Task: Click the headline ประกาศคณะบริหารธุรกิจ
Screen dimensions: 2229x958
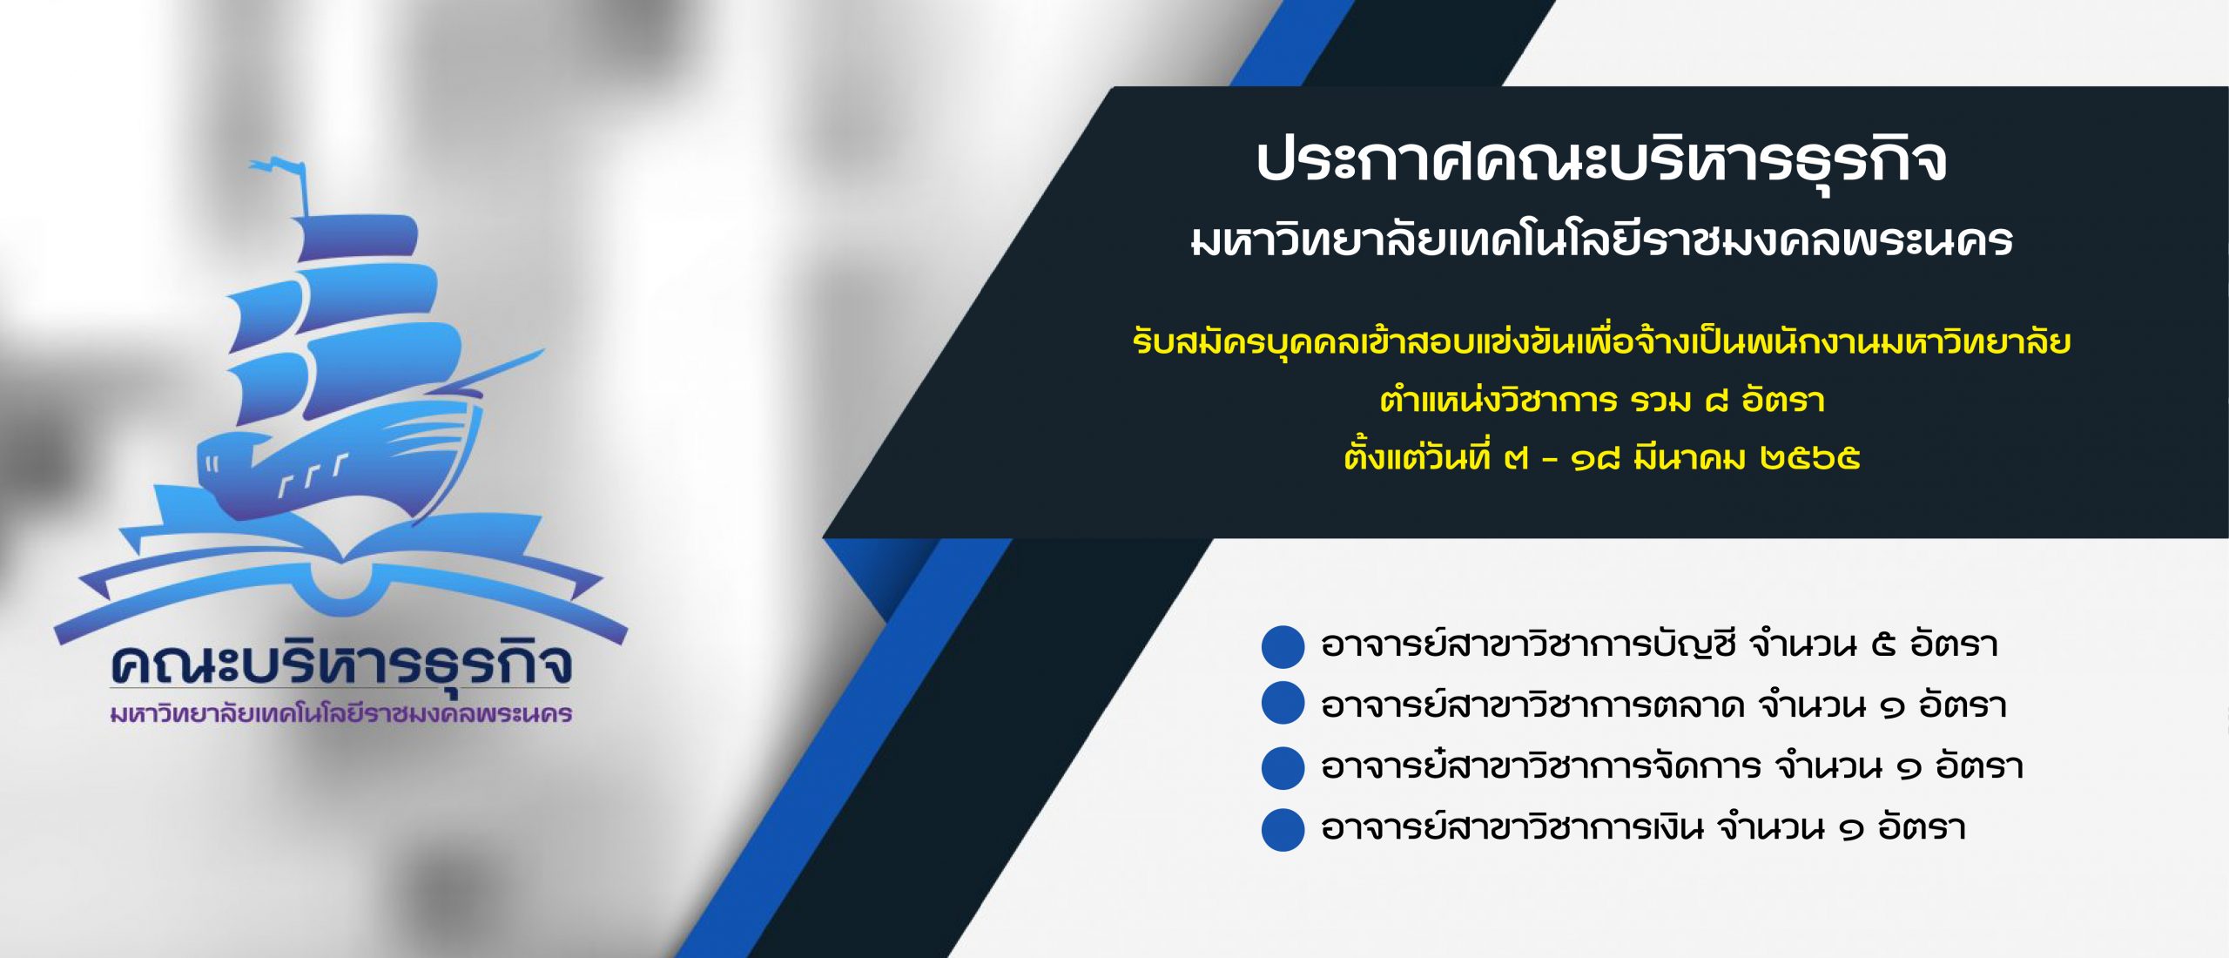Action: (x=1601, y=163)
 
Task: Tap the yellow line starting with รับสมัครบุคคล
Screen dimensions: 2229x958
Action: (x=1602, y=341)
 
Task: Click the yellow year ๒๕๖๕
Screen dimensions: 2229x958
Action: (x=1809, y=458)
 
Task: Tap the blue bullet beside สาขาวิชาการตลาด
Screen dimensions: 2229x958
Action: (x=1283, y=704)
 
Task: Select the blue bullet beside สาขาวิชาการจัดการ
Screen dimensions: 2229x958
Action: (x=1283, y=768)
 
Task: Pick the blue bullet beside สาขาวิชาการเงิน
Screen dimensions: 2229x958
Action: (x=1283, y=829)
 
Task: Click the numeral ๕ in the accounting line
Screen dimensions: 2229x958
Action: (x=1883, y=646)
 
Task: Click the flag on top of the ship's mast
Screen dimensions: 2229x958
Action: (x=276, y=167)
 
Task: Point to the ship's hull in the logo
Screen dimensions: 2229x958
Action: (x=340, y=462)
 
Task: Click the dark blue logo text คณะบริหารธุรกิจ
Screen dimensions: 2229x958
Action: (x=341, y=665)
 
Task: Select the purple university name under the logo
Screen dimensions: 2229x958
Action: (x=341, y=714)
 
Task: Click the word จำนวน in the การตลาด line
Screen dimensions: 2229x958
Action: (x=1813, y=705)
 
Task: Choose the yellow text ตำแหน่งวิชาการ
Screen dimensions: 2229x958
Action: (x=1498, y=401)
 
